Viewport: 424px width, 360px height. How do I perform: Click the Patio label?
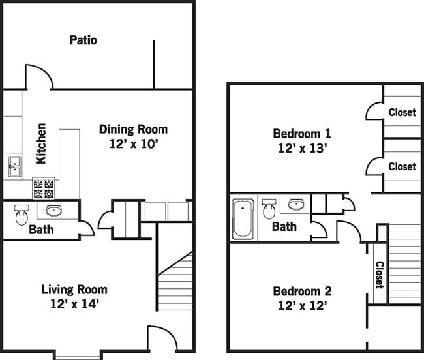pyautogui.click(x=83, y=40)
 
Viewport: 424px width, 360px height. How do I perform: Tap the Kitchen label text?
pyautogui.click(x=41, y=143)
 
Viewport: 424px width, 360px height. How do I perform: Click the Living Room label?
pyautogui.click(x=74, y=289)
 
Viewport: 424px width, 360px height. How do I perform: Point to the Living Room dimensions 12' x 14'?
pyautogui.click(x=74, y=303)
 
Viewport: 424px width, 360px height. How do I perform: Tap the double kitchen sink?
pyautogui.click(x=14, y=167)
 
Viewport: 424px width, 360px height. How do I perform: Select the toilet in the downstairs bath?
pyautogui.click(x=22, y=213)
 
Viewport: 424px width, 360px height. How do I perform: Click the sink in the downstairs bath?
pyautogui.click(x=54, y=210)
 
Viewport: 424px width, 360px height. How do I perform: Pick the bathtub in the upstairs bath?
pyautogui.click(x=243, y=218)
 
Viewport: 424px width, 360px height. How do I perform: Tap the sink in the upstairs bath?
pyautogui.click(x=296, y=205)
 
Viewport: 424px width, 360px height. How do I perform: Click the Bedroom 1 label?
pyautogui.click(x=302, y=134)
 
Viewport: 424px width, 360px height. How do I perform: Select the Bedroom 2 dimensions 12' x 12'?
pyautogui.click(x=299, y=305)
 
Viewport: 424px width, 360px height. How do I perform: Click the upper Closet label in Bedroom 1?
pyautogui.click(x=402, y=112)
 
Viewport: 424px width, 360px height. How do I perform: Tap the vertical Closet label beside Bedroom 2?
pyautogui.click(x=379, y=275)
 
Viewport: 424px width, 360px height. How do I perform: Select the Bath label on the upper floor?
pyautogui.click(x=284, y=227)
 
